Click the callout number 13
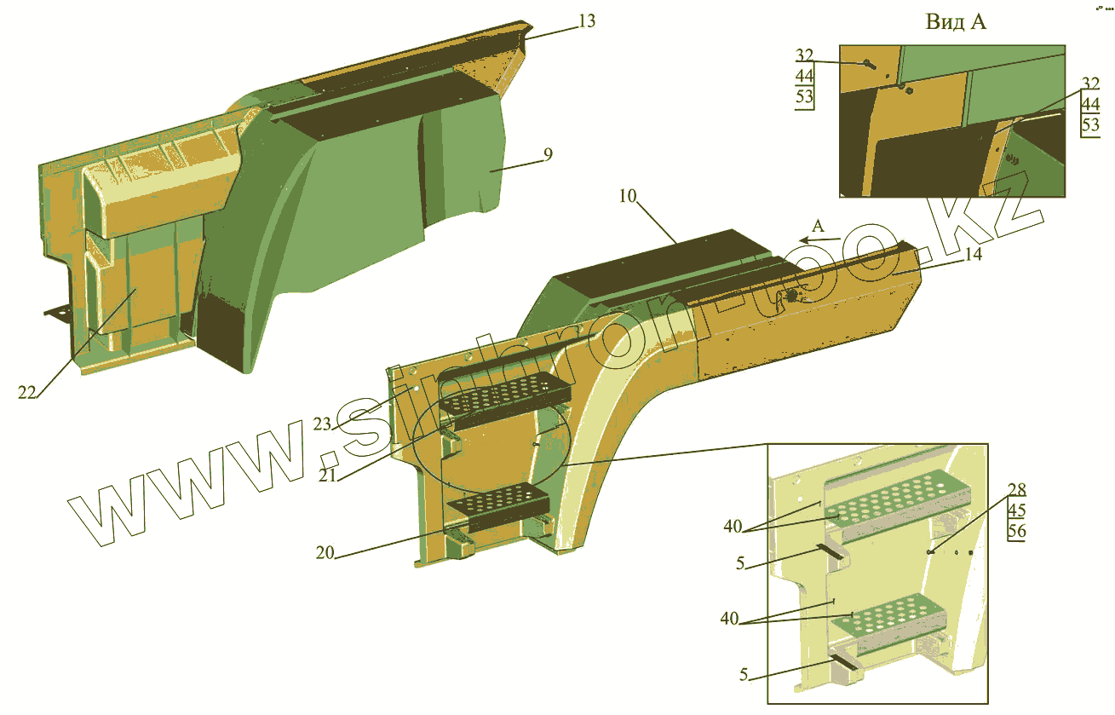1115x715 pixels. [x=587, y=21]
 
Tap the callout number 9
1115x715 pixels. [x=549, y=155]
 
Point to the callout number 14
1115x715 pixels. [x=974, y=254]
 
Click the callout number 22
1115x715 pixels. [x=28, y=392]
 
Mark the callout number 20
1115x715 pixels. [x=325, y=551]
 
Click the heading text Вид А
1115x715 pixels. [x=956, y=23]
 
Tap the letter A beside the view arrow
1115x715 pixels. [x=818, y=226]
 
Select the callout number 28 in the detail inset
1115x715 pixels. [x=1016, y=490]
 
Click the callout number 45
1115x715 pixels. [x=1016, y=510]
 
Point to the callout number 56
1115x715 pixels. [x=1016, y=531]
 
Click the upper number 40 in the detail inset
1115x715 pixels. [x=733, y=527]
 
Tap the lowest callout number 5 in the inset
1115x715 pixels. [x=744, y=676]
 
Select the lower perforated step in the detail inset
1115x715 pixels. [x=890, y=616]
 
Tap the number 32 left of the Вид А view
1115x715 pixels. [x=805, y=55]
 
